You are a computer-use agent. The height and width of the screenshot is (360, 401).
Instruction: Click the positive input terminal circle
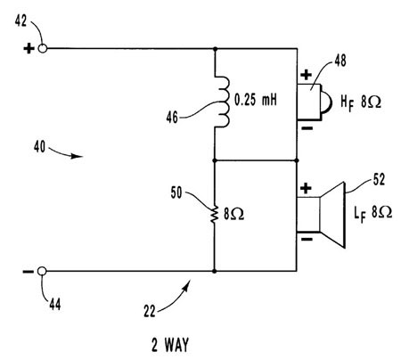pyautogui.click(x=43, y=48)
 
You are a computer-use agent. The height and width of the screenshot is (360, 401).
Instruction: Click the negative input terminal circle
pyautogui.click(x=42, y=271)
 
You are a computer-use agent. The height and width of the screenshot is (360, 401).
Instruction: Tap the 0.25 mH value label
pyautogui.click(x=256, y=100)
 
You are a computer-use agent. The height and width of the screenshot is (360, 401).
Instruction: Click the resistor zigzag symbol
pyautogui.click(x=215, y=214)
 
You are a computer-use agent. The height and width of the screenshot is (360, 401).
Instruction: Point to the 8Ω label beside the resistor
pyautogui.click(x=233, y=214)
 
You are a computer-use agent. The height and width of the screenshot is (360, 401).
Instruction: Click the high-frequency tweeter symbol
pyautogui.click(x=314, y=102)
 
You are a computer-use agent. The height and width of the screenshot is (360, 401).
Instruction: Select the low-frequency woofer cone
pyautogui.click(x=333, y=215)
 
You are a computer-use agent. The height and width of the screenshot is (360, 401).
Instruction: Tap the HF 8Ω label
pyautogui.click(x=361, y=102)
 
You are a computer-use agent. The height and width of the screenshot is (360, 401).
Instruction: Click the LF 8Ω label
pyautogui.click(x=372, y=213)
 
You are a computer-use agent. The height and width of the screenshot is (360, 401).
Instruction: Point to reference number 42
pyautogui.click(x=20, y=20)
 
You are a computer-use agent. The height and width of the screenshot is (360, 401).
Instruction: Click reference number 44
pyautogui.click(x=55, y=304)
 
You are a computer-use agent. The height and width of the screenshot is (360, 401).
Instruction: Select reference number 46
pyautogui.click(x=172, y=118)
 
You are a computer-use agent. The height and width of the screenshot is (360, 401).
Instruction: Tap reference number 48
pyautogui.click(x=340, y=61)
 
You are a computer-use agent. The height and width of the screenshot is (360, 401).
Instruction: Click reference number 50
pyautogui.click(x=176, y=192)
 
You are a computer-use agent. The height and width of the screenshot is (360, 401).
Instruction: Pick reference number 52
pyautogui.click(x=379, y=179)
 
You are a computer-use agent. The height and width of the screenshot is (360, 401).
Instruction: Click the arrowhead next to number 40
pyautogui.click(x=77, y=156)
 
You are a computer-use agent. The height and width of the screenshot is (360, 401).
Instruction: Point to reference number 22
pyautogui.click(x=150, y=311)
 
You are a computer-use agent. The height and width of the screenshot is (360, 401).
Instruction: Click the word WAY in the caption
pyautogui.click(x=177, y=345)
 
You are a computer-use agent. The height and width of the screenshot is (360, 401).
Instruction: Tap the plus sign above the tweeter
pyautogui.click(x=307, y=75)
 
